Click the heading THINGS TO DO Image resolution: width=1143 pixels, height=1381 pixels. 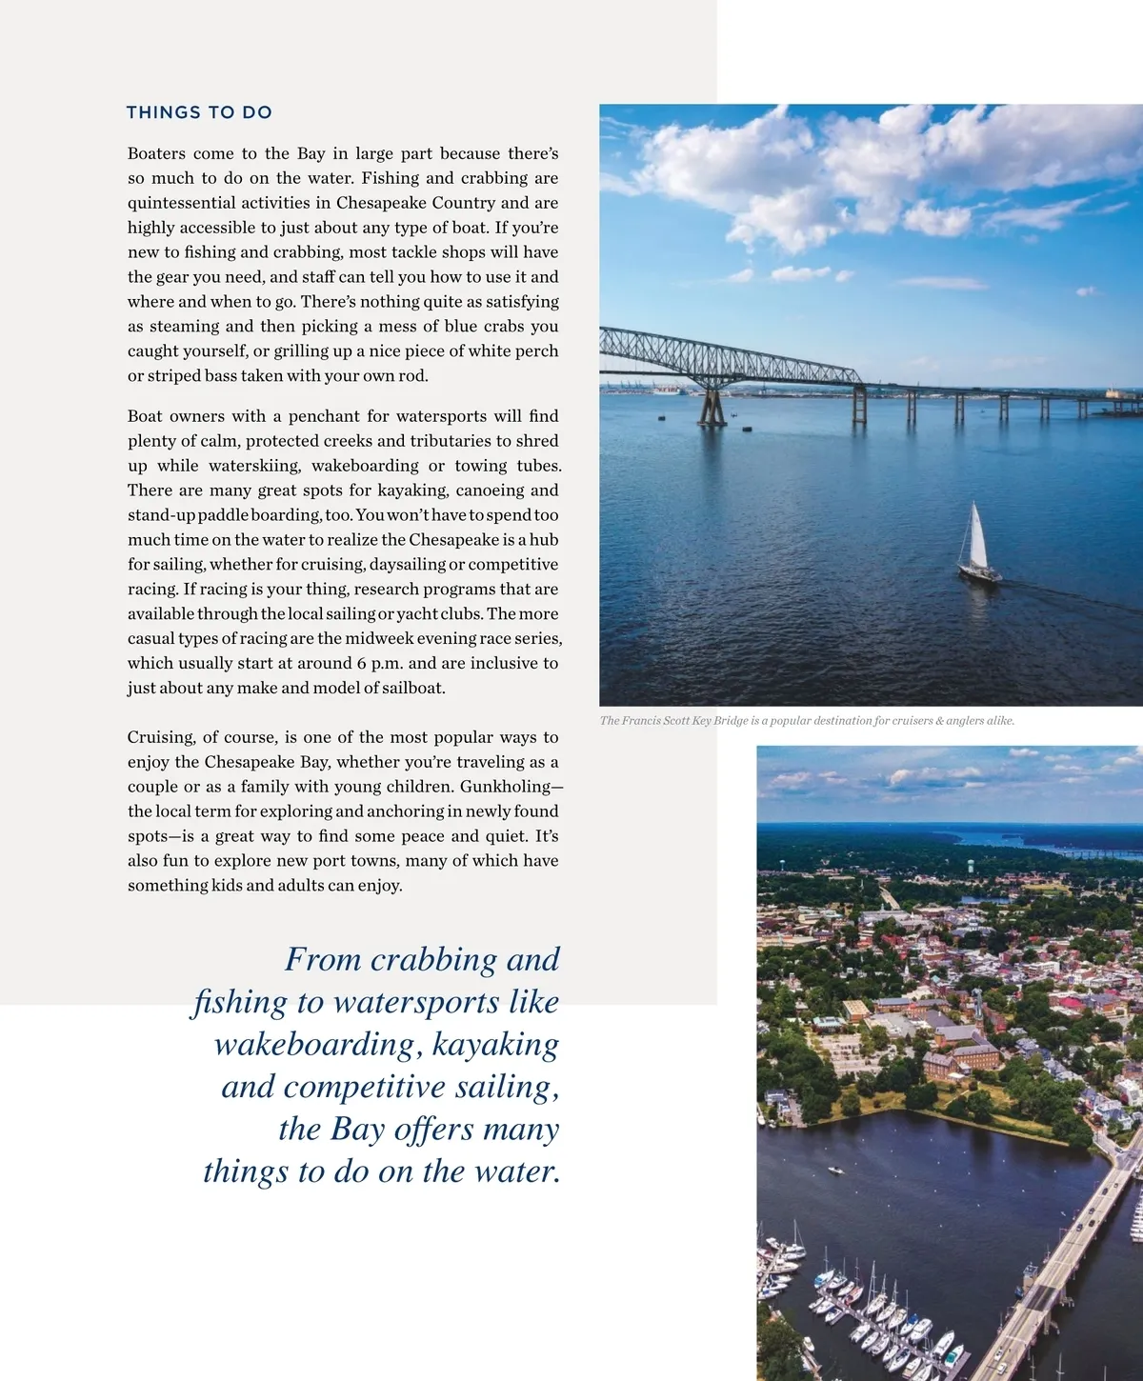(x=199, y=112)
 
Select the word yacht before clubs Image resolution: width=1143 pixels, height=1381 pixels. (x=417, y=614)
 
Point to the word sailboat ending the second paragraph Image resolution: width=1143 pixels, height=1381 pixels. (x=411, y=689)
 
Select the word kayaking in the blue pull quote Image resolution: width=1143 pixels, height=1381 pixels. (x=495, y=1045)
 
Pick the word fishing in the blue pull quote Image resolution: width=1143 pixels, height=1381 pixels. (x=239, y=1003)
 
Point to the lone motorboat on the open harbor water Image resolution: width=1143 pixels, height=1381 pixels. (x=834, y=1169)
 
